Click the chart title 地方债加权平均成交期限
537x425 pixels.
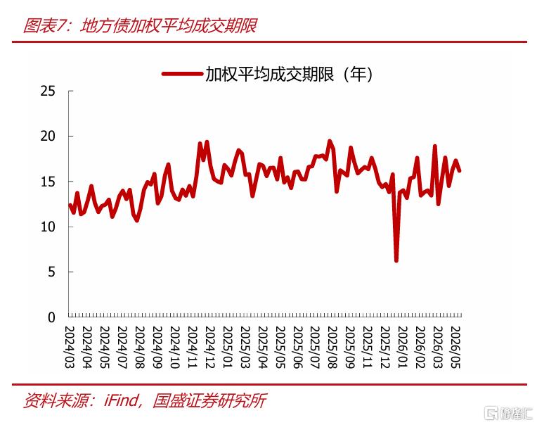[169, 26]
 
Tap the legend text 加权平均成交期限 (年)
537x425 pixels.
[288, 74]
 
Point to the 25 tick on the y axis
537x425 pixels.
[48, 91]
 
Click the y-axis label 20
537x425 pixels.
[48, 136]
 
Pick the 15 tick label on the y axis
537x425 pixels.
[48, 182]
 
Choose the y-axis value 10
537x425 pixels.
[48, 227]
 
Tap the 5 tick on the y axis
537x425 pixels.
[51, 272]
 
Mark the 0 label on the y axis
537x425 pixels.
[51, 318]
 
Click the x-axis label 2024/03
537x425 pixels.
[69, 347]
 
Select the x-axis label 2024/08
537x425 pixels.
[139, 347]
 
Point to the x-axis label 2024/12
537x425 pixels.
[209, 347]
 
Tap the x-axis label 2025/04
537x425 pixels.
[262, 347]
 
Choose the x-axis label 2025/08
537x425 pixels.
[332, 347]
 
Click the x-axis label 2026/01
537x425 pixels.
[403, 347]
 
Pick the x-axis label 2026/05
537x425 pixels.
[455, 347]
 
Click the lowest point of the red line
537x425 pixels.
[396, 261]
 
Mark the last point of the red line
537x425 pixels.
[460, 170]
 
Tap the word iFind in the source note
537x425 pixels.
[121, 400]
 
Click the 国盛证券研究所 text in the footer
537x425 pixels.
[209, 400]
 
